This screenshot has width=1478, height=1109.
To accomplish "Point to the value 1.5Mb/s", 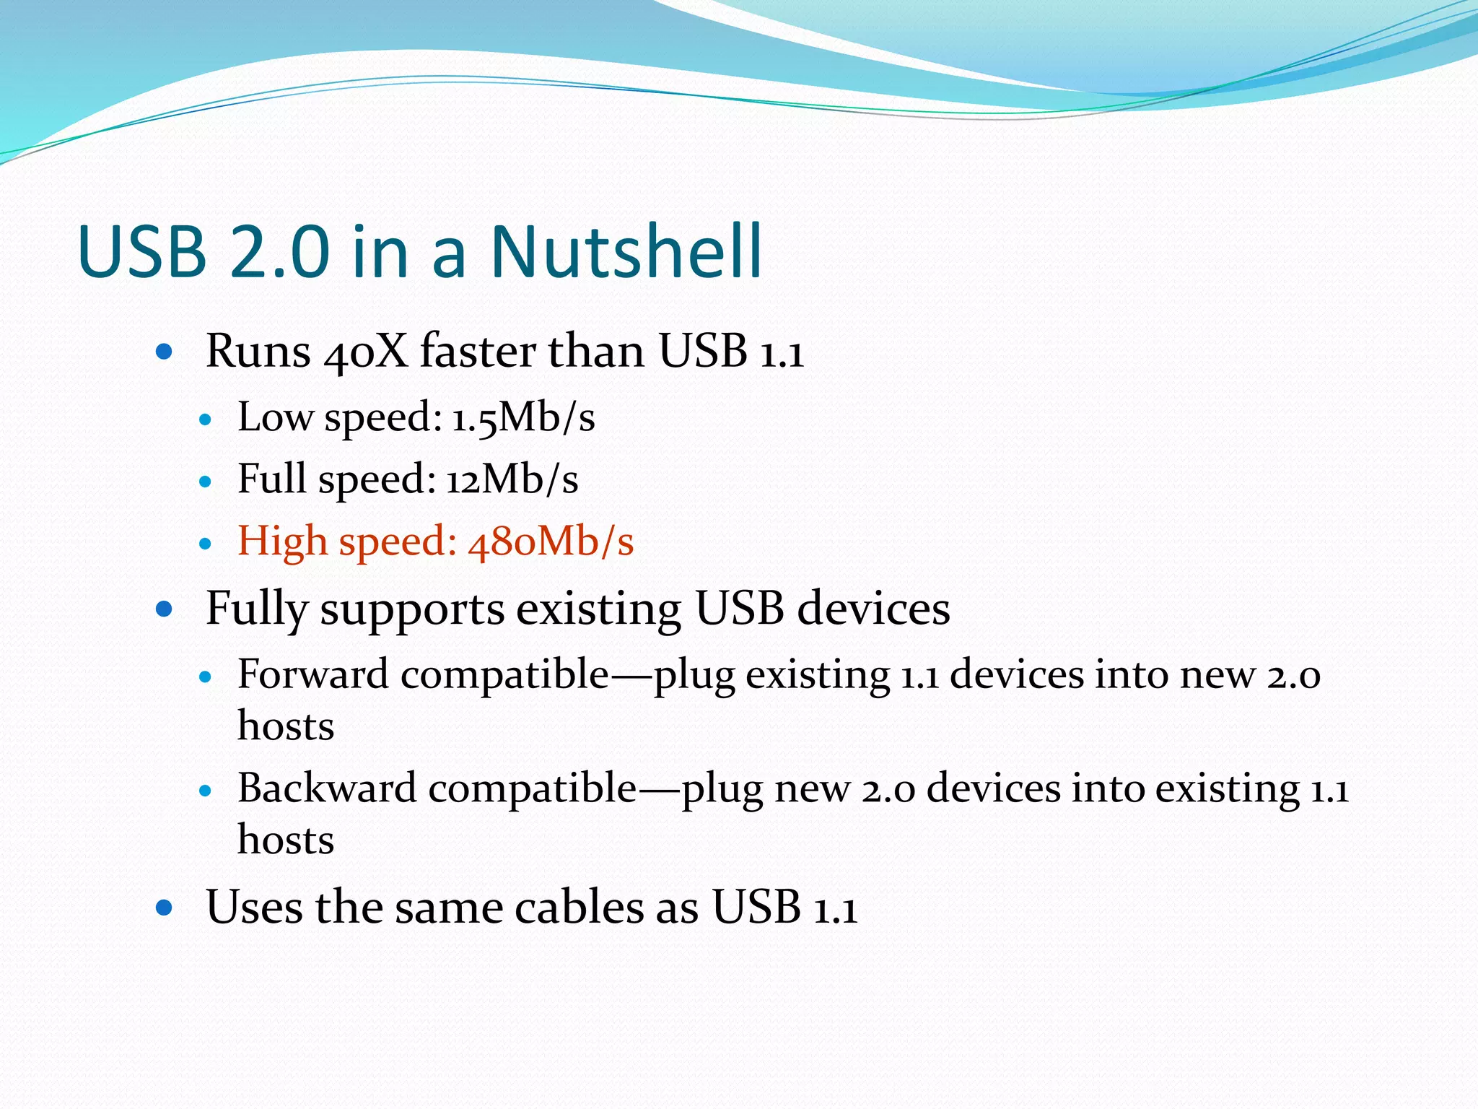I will tap(524, 417).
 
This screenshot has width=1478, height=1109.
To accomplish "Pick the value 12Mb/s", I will tap(512, 479).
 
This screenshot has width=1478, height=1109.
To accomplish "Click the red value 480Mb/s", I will tap(551, 542).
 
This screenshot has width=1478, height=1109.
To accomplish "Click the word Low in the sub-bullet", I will tap(275, 417).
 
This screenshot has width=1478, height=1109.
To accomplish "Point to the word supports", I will tap(412, 610).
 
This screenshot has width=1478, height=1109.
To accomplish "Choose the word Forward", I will tap(313, 674).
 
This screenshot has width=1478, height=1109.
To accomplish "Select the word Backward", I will tap(327, 788).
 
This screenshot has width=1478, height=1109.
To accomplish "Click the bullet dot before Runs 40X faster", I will tap(165, 352).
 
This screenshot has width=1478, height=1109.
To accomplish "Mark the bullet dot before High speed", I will tap(206, 544).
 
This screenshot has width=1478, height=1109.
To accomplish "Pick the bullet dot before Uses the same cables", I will tap(165, 908).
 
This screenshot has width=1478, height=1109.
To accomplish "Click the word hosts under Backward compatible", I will tap(286, 840).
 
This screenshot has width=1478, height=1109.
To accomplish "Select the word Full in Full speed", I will tap(272, 479).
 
